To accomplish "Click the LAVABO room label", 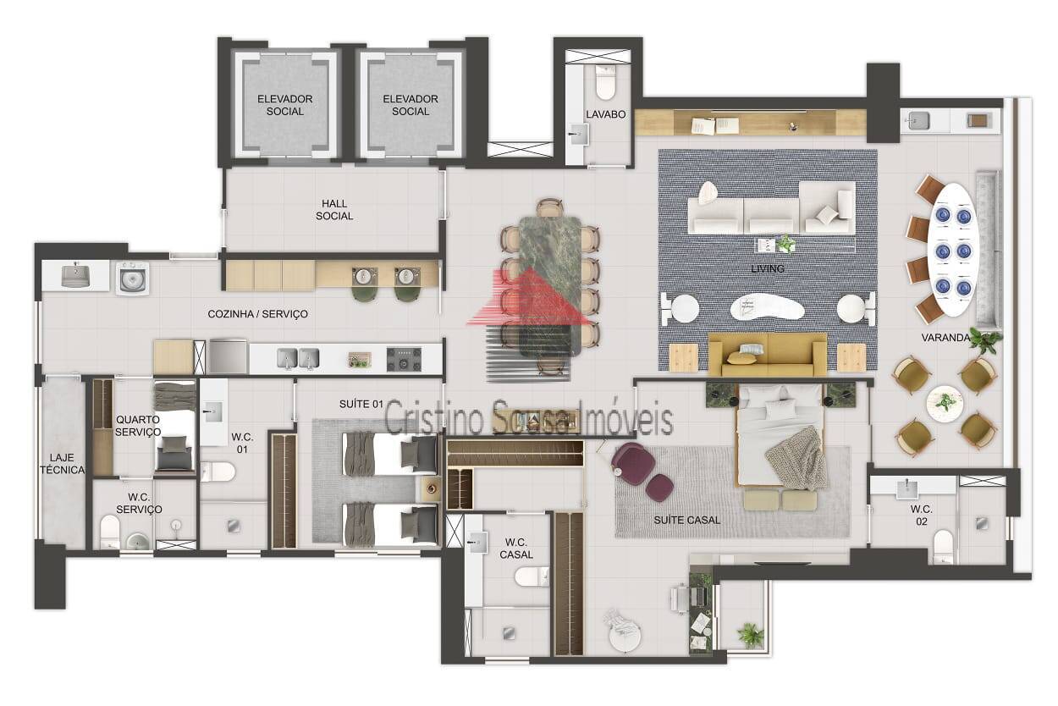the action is [x=605, y=114].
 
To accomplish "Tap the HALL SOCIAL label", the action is [x=334, y=210].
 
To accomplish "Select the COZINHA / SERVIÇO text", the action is [x=258, y=314].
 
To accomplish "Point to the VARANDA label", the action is [x=945, y=338].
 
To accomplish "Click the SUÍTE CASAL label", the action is [x=686, y=521].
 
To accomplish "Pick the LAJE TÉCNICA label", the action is [x=62, y=464].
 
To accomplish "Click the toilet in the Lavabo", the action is [x=605, y=83].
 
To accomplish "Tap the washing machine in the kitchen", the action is [x=133, y=279].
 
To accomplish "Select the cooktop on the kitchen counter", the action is [x=404, y=360].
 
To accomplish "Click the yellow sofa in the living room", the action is [x=768, y=355].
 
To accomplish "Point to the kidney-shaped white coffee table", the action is [x=767, y=307].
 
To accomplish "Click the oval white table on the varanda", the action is [x=952, y=250].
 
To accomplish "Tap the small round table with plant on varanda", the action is [x=945, y=403].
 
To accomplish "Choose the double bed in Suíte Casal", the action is [x=780, y=435].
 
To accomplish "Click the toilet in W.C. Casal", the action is [x=532, y=576].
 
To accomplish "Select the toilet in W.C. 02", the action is [x=943, y=546].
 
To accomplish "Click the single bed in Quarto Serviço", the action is [x=174, y=426].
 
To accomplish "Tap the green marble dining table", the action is [x=550, y=286].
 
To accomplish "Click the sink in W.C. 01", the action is [x=213, y=411].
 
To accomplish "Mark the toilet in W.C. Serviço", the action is [x=110, y=532].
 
